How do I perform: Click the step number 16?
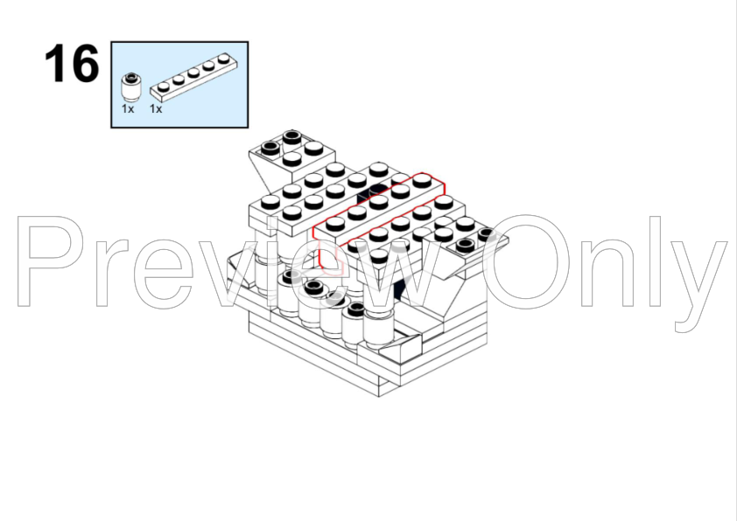coord(72,63)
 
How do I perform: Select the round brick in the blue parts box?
coord(131,87)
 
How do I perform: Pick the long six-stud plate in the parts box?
coord(193,78)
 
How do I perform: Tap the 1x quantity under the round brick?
coord(128,109)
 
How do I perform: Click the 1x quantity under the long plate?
coord(156,109)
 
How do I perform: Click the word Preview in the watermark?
coord(230,261)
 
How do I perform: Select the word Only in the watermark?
coord(607,272)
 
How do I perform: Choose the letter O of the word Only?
coord(526,261)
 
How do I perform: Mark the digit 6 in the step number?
coord(83,63)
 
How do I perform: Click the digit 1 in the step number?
coord(54,63)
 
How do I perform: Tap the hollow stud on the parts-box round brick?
coord(131,77)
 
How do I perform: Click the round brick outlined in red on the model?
coord(331,258)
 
